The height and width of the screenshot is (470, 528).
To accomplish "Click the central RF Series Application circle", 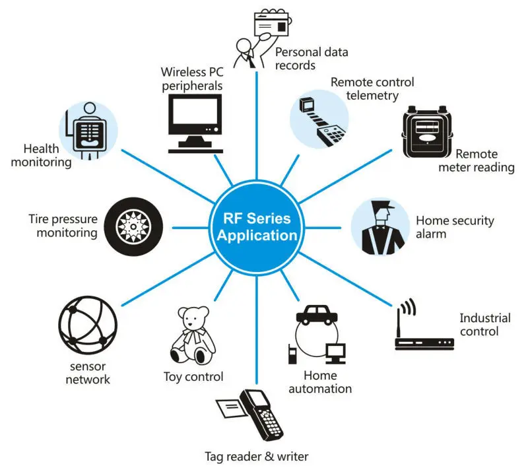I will pyautogui.click(x=257, y=226).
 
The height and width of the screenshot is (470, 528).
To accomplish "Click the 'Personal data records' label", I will pyautogui.click(x=311, y=58).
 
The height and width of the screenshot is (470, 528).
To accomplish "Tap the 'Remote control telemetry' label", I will pyautogui.click(x=373, y=89).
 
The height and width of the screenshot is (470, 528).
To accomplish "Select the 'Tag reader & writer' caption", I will pyautogui.click(x=256, y=456).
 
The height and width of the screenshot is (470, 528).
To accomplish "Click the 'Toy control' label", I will pyautogui.click(x=193, y=378).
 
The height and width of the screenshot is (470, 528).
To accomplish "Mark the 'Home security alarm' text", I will pyautogui.click(x=455, y=227).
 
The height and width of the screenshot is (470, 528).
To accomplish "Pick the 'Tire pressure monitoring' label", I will pyautogui.click(x=63, y=226).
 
